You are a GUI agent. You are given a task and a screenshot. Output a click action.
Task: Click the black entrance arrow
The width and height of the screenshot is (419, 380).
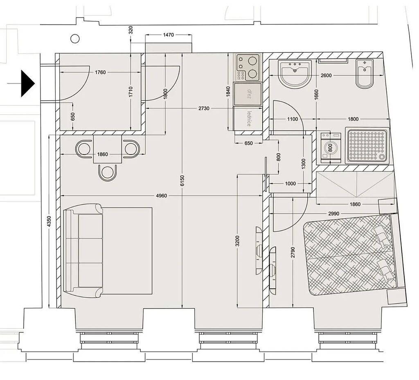point(28,84)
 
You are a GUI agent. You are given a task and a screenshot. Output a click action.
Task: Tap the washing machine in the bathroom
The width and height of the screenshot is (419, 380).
point(331,147)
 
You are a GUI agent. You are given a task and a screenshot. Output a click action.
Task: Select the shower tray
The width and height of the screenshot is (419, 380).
point(367,146)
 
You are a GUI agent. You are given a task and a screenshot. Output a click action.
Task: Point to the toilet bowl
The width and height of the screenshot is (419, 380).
point(365,73)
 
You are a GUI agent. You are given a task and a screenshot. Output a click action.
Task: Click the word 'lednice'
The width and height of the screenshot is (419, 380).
point(249,118)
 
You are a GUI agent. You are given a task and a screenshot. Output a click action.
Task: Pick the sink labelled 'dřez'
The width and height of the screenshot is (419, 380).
point(248,94)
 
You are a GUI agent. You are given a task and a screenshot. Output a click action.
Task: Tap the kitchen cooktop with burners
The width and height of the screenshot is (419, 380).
point(248,68)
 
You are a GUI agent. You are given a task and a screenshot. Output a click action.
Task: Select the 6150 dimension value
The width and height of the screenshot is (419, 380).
point(182,181)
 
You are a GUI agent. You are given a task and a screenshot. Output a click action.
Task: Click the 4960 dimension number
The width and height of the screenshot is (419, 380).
point(161,196)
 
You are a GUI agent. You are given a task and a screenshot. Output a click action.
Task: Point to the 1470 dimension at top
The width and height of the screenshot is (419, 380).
point(168,35)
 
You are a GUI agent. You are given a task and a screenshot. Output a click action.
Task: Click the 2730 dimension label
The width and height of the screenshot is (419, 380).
point(204,108)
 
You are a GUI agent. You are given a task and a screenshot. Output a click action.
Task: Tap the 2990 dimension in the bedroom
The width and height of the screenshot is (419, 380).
point(334,213)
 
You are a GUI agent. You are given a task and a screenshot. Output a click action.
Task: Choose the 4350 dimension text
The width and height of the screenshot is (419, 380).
point(49,222)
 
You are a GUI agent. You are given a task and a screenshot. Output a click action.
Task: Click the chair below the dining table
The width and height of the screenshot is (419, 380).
point(108,173)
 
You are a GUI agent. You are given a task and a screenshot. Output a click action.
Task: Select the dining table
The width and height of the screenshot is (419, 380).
point(108,149)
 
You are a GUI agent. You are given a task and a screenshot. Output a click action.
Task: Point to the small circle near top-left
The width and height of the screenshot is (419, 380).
point(75,38)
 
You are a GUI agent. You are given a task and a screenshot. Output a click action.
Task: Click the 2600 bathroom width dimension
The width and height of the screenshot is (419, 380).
point(326,75)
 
